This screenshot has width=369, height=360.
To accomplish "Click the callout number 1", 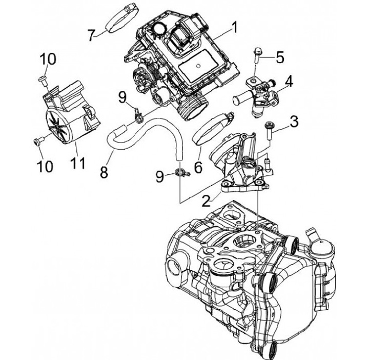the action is pyautogui.click(x=234, y=28).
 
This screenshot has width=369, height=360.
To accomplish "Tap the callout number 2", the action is pyautogui.click(x=206, y=201).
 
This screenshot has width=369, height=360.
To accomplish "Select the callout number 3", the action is pyautogui.click(x=294, y=122).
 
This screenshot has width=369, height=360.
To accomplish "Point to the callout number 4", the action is pyautogui.click(x=289, y=81).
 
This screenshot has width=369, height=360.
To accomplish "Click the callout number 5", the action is pyautogui.click(x=280, y=57).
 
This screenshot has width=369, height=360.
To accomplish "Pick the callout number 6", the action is pyautogui.click(x=198, y=168).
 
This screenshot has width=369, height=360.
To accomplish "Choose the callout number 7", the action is pyautogui.click(x=92, y=35).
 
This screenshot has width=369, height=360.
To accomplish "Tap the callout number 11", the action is pyautogui.click(x=78, y=163).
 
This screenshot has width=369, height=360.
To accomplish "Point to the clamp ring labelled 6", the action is pyautogui.click(x=213, y=128).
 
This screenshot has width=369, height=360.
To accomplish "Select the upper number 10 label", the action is pyautogui.click(x=48, y=59).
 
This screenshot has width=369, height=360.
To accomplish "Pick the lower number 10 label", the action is pyautogui.click(x=45, y=166).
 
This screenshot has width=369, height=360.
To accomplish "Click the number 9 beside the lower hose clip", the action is pyautogui.click(x=160, y=176).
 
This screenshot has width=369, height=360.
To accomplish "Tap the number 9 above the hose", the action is pyautogui.click(x=122, y=97).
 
